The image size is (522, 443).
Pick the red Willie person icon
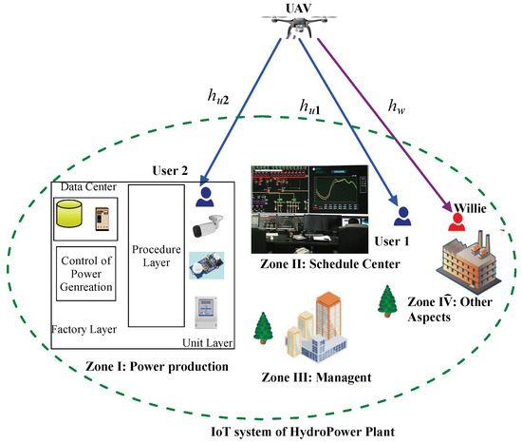(x=457, y=221)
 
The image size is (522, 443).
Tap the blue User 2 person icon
(x=206, y=197)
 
